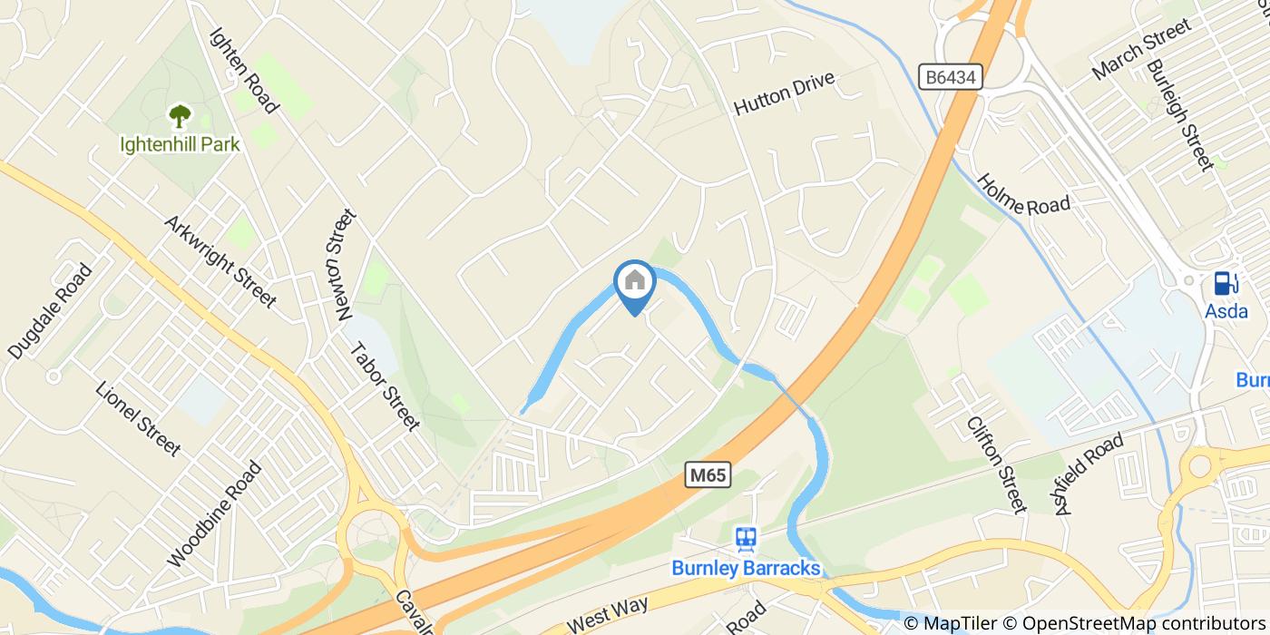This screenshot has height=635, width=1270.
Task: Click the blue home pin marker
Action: point(635,284)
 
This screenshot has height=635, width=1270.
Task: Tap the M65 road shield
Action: point(708,475)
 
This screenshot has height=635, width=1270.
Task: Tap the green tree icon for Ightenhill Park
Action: point(180,116)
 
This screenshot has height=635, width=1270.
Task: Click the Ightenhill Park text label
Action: point(180,144)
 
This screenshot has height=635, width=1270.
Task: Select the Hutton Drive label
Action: point(783,93)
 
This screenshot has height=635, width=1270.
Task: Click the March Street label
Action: point(1141,49)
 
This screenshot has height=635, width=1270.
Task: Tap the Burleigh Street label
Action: point(1179,116)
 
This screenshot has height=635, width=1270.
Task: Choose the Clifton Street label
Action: point(996,464)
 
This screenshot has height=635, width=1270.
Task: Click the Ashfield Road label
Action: point(1089,474)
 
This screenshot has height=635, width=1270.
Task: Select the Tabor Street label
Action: point(385,386)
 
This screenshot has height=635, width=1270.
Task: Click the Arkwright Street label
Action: point(220,261)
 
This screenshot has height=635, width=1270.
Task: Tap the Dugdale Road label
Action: point(50,311)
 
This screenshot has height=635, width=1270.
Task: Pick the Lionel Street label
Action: point(138,418)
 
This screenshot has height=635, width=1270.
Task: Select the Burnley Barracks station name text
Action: point(746,569)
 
